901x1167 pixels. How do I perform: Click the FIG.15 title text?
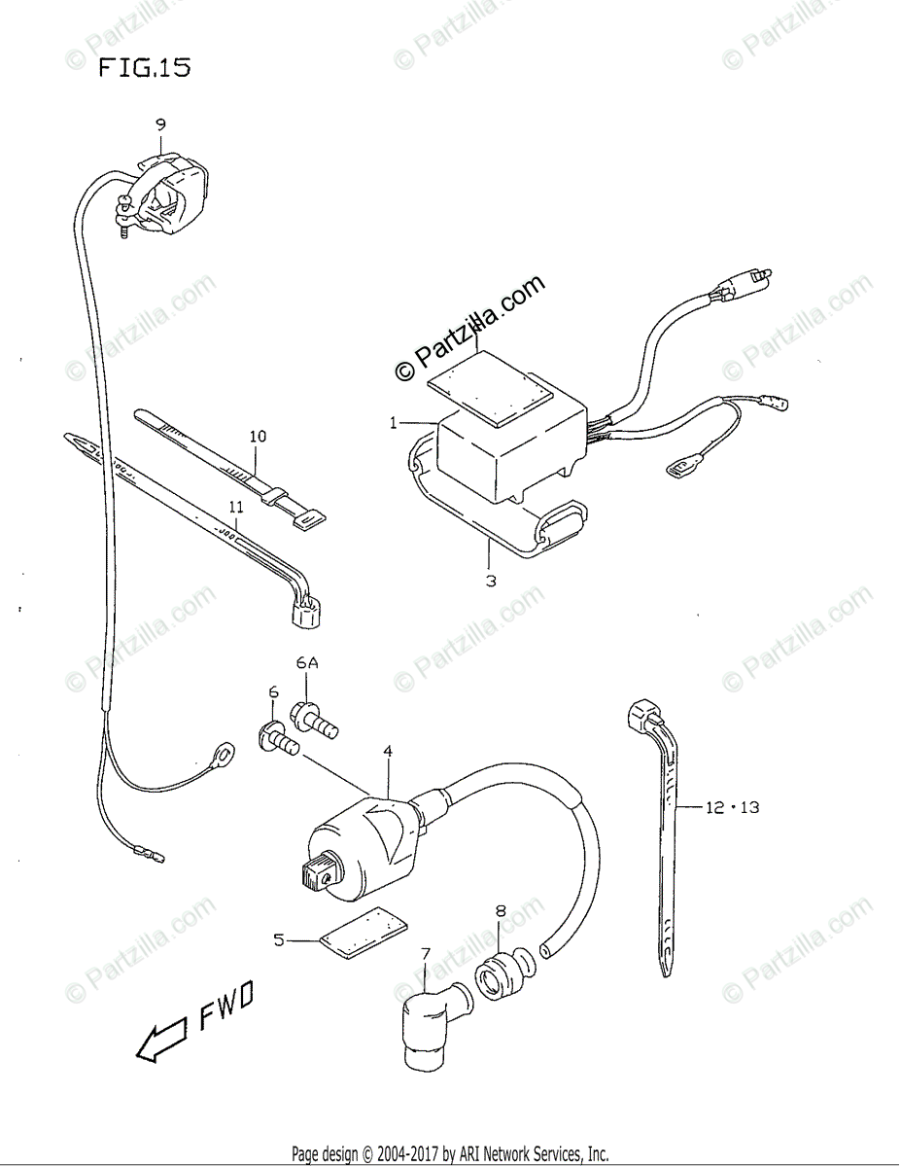click(143, 69)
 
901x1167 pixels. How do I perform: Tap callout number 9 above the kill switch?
click(160, 124)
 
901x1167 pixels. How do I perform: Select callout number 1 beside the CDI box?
click(394, 423)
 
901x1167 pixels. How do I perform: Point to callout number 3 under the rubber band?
click(491, 582)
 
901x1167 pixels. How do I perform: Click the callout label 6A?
click(307, 663)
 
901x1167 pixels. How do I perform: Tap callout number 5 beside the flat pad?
click(278, 939)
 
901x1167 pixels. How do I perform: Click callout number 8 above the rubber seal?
click(501, 911)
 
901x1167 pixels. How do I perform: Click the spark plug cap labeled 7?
click(425, 1021)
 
